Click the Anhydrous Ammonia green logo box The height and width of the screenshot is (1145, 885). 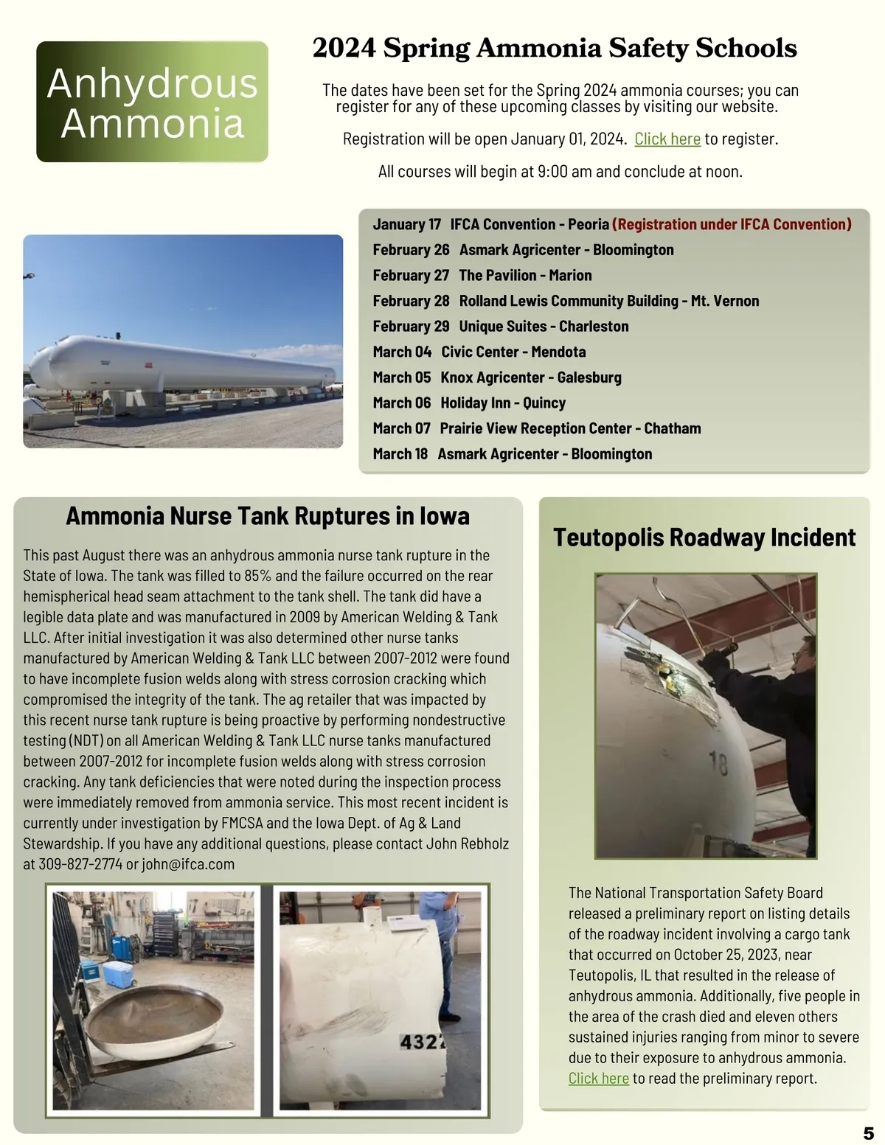click(x=152, y=102)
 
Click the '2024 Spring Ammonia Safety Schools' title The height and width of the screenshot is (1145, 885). click(x=555, y=49)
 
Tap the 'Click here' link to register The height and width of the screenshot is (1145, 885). click(x=667, y=139)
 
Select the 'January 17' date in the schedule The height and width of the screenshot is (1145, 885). click(x=406, y=224)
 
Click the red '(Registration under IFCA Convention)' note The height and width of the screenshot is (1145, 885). click(x=732, y=224)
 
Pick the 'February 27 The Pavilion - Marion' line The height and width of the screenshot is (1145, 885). click(x=482, y=275)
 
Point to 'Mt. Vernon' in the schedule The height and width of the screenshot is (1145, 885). click(x=724, y=301)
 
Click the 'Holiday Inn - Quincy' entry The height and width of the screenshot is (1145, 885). click(x=503, y=403)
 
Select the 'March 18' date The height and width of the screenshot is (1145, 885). click(x=400, y=453)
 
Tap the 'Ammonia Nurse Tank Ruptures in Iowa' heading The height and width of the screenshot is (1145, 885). click(x=268, y=516)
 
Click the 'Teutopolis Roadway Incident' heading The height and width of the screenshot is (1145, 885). click(x=704, y=537)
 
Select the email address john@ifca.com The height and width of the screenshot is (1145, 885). click(x=188, y=864)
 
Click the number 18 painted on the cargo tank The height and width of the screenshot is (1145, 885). click(x=718, y=763)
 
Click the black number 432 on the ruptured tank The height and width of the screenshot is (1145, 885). click(x=422, y=1043)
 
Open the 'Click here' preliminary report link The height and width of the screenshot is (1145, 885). click(x=598, y=1078)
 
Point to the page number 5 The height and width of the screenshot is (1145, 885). click(x=868, y=1133)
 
